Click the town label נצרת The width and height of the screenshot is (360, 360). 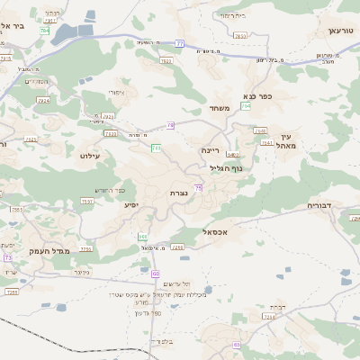[178, 193]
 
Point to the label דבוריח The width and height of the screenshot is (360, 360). [320, 205]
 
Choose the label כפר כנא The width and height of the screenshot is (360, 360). [257, 94]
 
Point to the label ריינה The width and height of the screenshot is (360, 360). [211, 150]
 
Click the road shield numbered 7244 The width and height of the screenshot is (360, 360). [269, 318]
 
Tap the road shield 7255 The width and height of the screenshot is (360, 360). [86, 248]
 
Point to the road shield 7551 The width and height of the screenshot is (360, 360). [87, 202]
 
